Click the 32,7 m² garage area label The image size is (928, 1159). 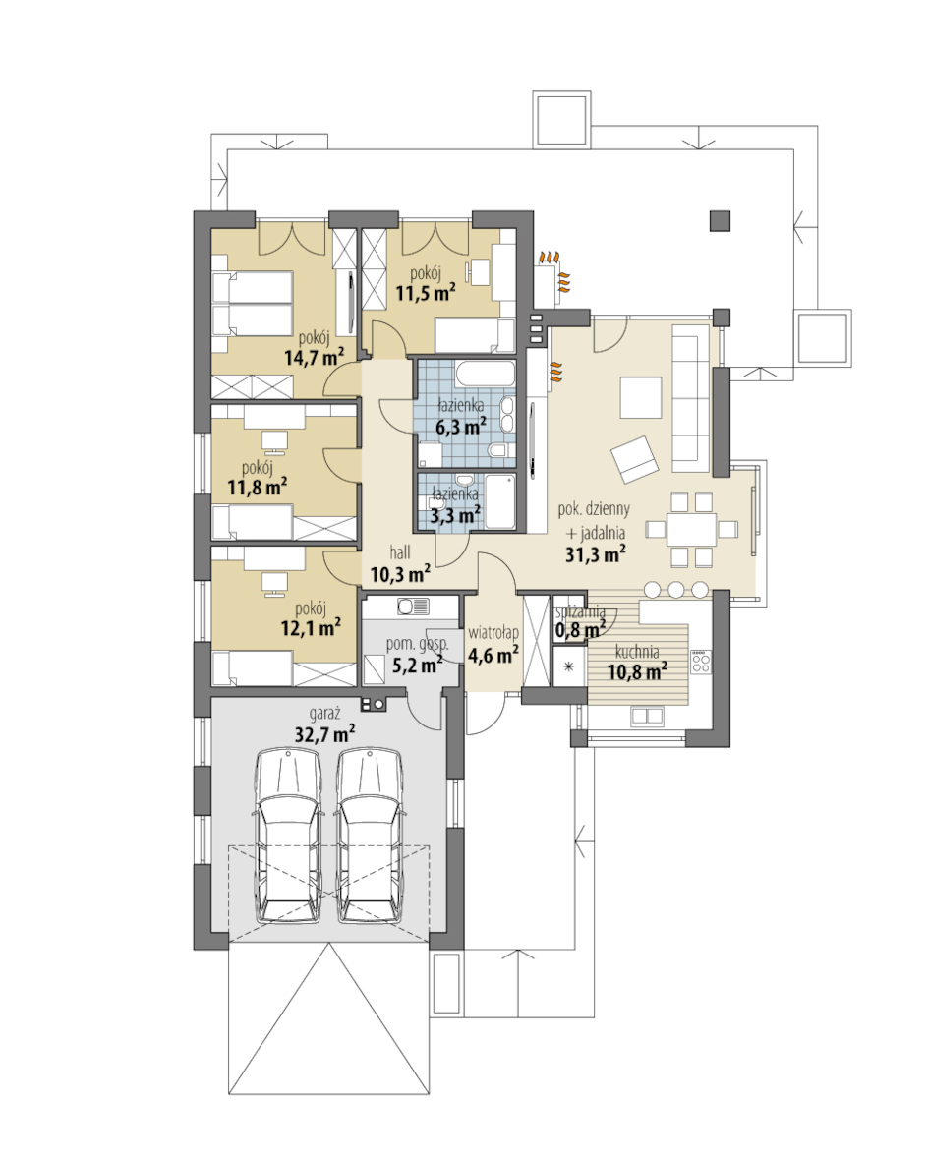pos(323,734)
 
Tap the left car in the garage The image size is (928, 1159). pos(288,836)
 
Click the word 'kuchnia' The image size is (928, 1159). pos(637,653)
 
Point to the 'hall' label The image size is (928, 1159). pos(399,552)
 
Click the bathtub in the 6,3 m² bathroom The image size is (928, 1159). pos(485,374)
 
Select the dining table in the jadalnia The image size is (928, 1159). pos(691,529)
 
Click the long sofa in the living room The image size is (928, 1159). pos(691,404)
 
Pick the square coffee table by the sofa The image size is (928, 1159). pos(640,398)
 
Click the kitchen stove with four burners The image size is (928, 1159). pos(701,661)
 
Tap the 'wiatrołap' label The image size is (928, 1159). pos(493,633)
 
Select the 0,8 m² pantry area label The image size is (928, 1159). pos(580,630)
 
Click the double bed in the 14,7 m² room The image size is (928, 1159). pos(252,303)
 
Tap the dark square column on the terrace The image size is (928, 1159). pos(720,221)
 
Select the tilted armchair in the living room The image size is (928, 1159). pos(634,460)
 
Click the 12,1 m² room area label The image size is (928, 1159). pos(311,628)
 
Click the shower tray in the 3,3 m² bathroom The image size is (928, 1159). pos(498,502)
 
